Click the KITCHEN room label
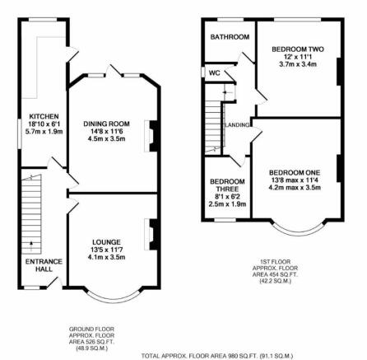[44, 116]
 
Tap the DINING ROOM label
[106, 124]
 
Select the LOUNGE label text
[106, 242]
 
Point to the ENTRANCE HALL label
[44, 265]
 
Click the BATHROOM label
[230, 37]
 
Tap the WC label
[215, 73]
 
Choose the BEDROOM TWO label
[298, 49]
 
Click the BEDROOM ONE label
[295, 173]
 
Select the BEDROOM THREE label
[227, 185]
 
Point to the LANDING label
[237, 125]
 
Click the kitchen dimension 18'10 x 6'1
[44, 124]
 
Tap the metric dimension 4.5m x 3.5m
[106, 139]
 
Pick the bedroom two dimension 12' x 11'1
[298, 57]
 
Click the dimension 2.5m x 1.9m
[227, 204]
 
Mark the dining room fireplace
[151, 136]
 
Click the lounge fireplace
[151, 234]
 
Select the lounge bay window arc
[114, 298]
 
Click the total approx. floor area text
[217, 356]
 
